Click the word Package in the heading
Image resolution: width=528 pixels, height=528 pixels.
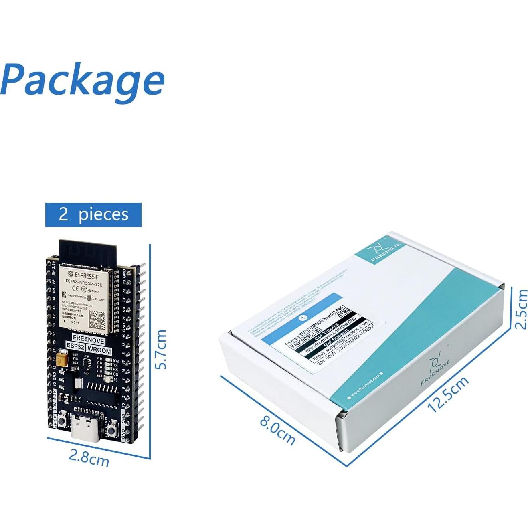click(83, 81)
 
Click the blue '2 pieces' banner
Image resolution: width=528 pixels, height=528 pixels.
click(93, 214)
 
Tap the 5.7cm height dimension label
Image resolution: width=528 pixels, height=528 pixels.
click(161, 349)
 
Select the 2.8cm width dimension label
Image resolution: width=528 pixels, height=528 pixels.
click(89, 457)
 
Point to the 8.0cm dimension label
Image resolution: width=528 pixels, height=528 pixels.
click(277, 431)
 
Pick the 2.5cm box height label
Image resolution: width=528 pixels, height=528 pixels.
click(521, 309)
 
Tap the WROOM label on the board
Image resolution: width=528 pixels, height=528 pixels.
click(99, 350)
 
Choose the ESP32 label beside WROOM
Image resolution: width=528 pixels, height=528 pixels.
click(75, 346)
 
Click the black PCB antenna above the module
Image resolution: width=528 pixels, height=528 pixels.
click(88, 252)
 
